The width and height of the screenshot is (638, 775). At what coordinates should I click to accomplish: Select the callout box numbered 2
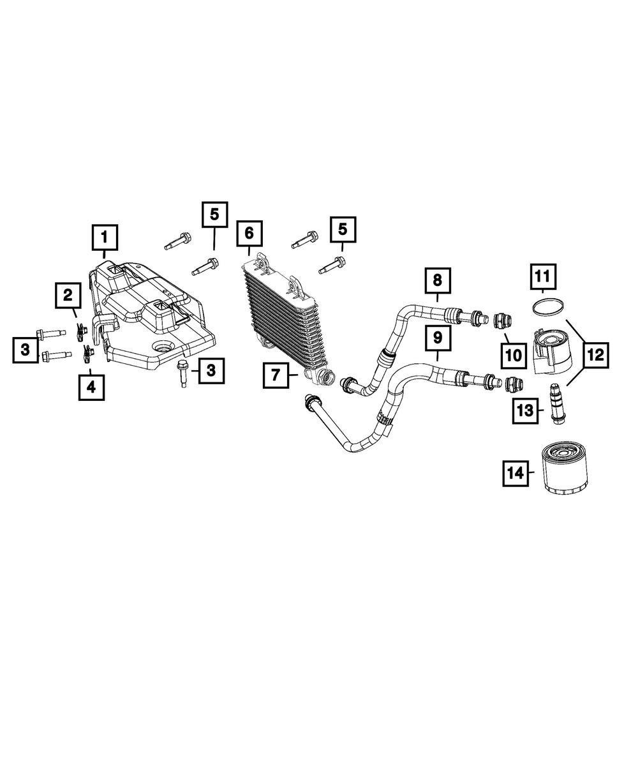coord(67,296)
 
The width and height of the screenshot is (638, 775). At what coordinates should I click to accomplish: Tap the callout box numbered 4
coord(92,386)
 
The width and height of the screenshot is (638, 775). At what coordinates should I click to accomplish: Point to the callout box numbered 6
coord(249,233)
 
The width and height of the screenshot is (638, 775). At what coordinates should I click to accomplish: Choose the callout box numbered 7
coord(276,375)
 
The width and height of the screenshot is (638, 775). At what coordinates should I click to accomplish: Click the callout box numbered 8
coord(437,280)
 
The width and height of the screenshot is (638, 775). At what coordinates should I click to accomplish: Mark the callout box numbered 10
coord(513,355)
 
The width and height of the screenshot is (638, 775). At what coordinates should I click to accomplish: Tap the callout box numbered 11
coord(542,277)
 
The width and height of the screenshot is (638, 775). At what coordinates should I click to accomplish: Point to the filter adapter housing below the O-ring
coord(550,352)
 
